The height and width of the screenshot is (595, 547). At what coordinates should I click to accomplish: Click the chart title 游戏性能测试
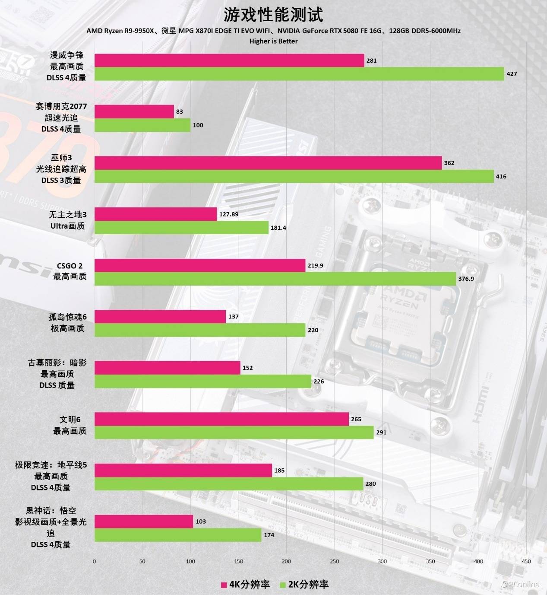pos(273,15)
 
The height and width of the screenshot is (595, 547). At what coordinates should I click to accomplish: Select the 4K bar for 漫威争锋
pos(229,60)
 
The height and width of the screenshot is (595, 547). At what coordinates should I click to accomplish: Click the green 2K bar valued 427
pos(299,74)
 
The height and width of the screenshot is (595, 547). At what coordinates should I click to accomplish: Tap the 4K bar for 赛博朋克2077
pos(134,111)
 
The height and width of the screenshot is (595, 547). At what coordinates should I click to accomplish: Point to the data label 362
pos(449,163)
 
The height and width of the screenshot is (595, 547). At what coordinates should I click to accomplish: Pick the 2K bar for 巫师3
pos(294,176)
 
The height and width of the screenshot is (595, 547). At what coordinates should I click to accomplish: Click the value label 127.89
pos(229,214)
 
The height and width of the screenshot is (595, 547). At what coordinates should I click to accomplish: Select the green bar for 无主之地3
pos(181,228)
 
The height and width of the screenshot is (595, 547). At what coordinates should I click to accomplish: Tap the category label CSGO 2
pos(70,266)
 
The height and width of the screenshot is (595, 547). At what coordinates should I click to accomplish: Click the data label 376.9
pos(466,279)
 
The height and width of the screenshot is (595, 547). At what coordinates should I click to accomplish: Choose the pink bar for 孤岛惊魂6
pos(160,317)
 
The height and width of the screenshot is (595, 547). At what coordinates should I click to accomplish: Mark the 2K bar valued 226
pos(203,381)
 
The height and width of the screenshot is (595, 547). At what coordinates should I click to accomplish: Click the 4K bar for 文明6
pos(221,419)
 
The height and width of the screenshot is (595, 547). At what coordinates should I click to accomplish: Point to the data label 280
pos(370,484)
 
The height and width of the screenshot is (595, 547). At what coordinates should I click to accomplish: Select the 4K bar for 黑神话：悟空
pos(144,522)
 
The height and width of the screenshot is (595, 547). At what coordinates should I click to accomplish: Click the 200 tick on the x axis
pos(286,561)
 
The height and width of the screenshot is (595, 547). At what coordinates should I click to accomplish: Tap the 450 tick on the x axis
pos(526,561)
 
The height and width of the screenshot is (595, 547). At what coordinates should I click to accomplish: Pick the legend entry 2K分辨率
pos(304,585)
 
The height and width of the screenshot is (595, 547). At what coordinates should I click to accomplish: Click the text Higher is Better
pos(273,41)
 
